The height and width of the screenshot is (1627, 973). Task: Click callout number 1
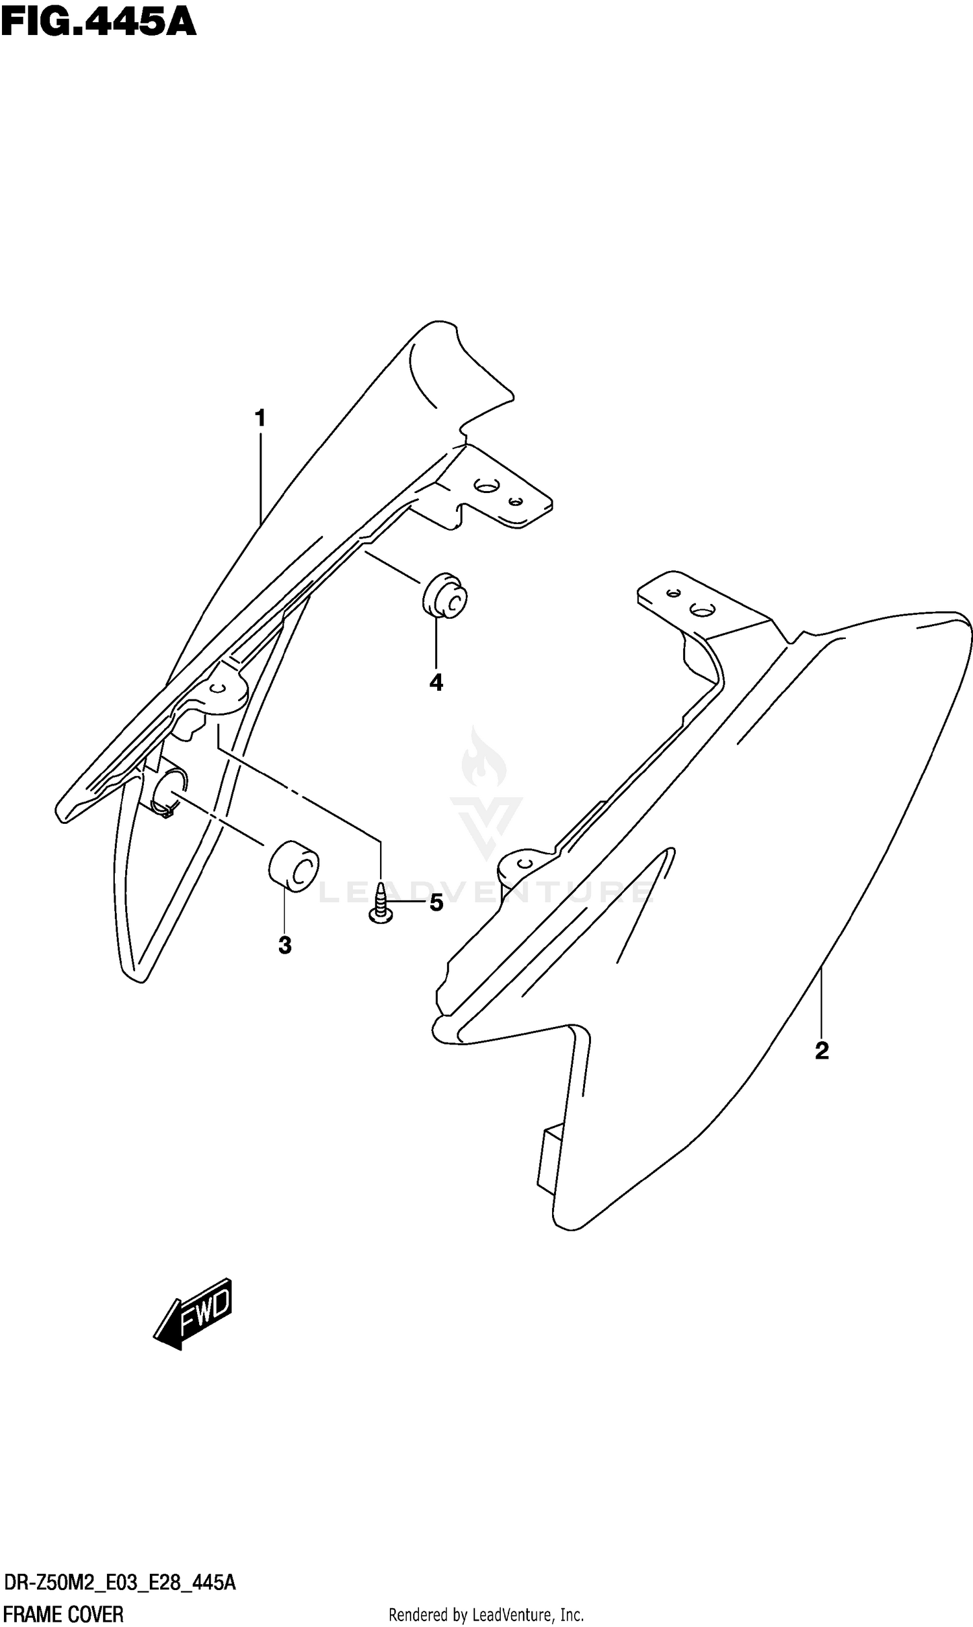point(260,418)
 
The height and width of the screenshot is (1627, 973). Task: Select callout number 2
point(822,1051)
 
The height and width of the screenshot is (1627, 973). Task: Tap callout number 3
point(285,945)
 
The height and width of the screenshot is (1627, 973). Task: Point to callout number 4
point(436,682)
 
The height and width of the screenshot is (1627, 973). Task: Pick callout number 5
point(436,903)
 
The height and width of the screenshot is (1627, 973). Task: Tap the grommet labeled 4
point(445,596)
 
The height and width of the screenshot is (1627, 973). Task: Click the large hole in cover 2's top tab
point(703,611)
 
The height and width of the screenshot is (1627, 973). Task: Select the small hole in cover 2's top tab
point(671,593)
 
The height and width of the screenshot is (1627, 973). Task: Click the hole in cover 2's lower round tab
point(525,862)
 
